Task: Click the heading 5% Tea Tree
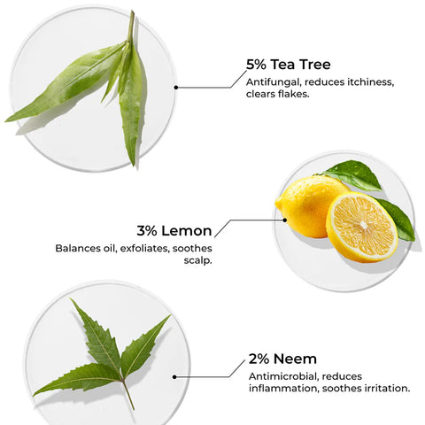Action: click(289, 65)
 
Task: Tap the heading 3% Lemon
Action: click(174, 231)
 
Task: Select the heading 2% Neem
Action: click(283, 360)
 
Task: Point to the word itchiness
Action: click(367, 82)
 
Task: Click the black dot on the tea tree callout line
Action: click(177, 87)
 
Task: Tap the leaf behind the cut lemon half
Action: click(399, 221)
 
